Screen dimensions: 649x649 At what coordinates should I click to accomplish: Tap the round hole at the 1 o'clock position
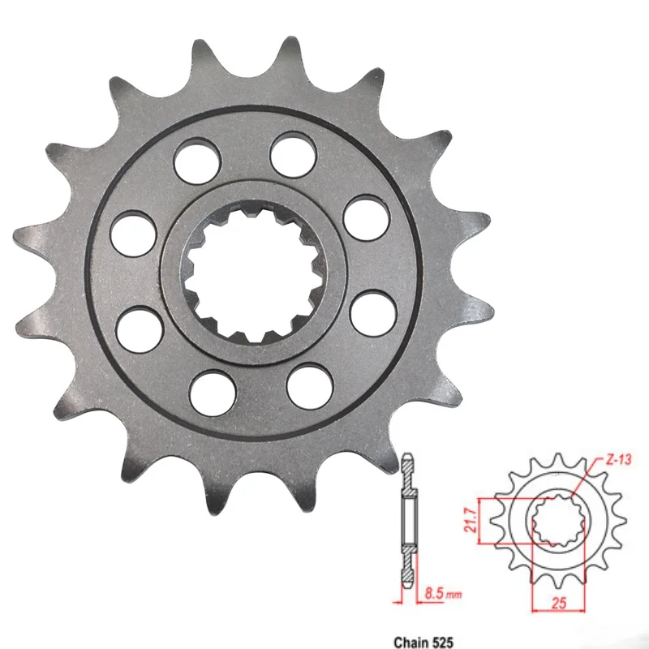coord(294,154)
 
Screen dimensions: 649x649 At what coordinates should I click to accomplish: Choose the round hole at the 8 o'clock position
coord(138,329)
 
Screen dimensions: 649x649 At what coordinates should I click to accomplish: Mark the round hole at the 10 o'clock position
coord(134,232)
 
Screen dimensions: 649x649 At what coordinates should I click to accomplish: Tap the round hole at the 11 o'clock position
coord(197,159)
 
